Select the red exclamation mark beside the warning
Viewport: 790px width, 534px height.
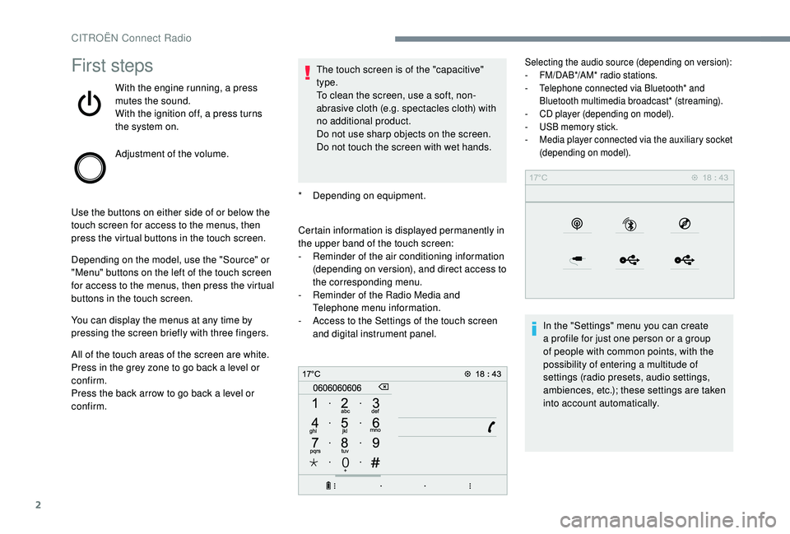(x=308, y=74)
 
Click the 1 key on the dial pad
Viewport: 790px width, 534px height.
(x=315, y=404)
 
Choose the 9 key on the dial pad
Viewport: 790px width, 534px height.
(x=374, y=443)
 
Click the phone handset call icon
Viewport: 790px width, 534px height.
(x=491, y=424)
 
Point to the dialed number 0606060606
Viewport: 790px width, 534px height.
(x=337, y=388)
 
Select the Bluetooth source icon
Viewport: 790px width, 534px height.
(x=630, y=223)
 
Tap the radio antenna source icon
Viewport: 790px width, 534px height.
(x=575, y=223)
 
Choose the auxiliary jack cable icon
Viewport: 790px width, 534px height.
(x=575, y=259)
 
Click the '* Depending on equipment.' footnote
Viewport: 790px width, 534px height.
(x=362, y=196)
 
